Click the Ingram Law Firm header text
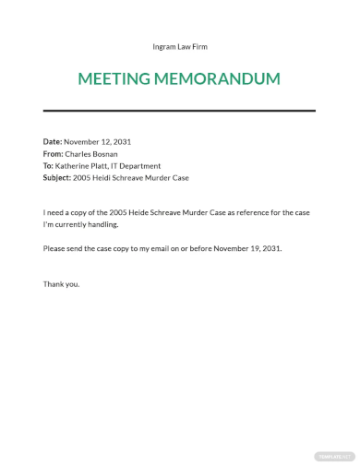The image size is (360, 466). pos(180,46)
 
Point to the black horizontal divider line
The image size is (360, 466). pos(180,111)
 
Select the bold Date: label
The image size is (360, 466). pos(54,142)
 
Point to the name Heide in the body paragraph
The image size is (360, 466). pos(138,213)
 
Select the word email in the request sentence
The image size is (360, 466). pos(173,249)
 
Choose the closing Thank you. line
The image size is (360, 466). pos(62,284)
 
